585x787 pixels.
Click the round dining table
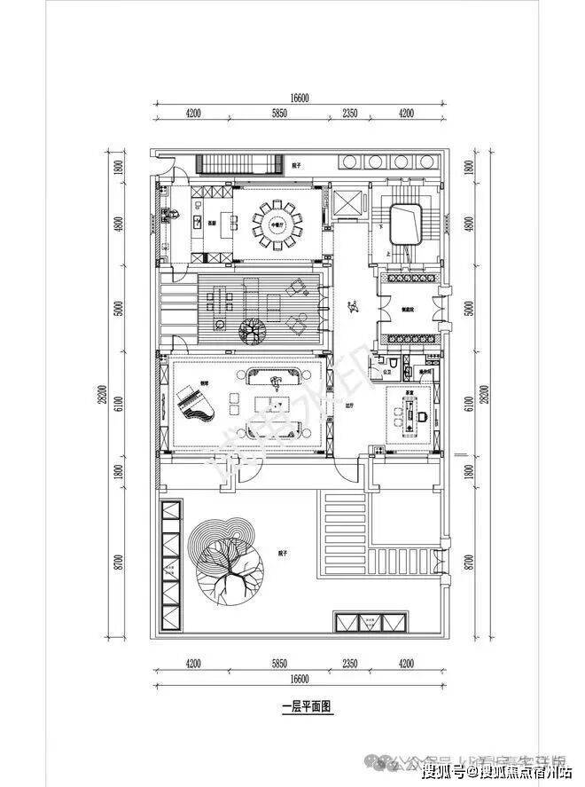tap(278, 224)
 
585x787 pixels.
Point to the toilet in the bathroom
tap(391, 366)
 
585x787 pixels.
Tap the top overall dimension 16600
tap(297, 99)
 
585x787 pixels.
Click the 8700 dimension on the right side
tap(469, 562)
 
